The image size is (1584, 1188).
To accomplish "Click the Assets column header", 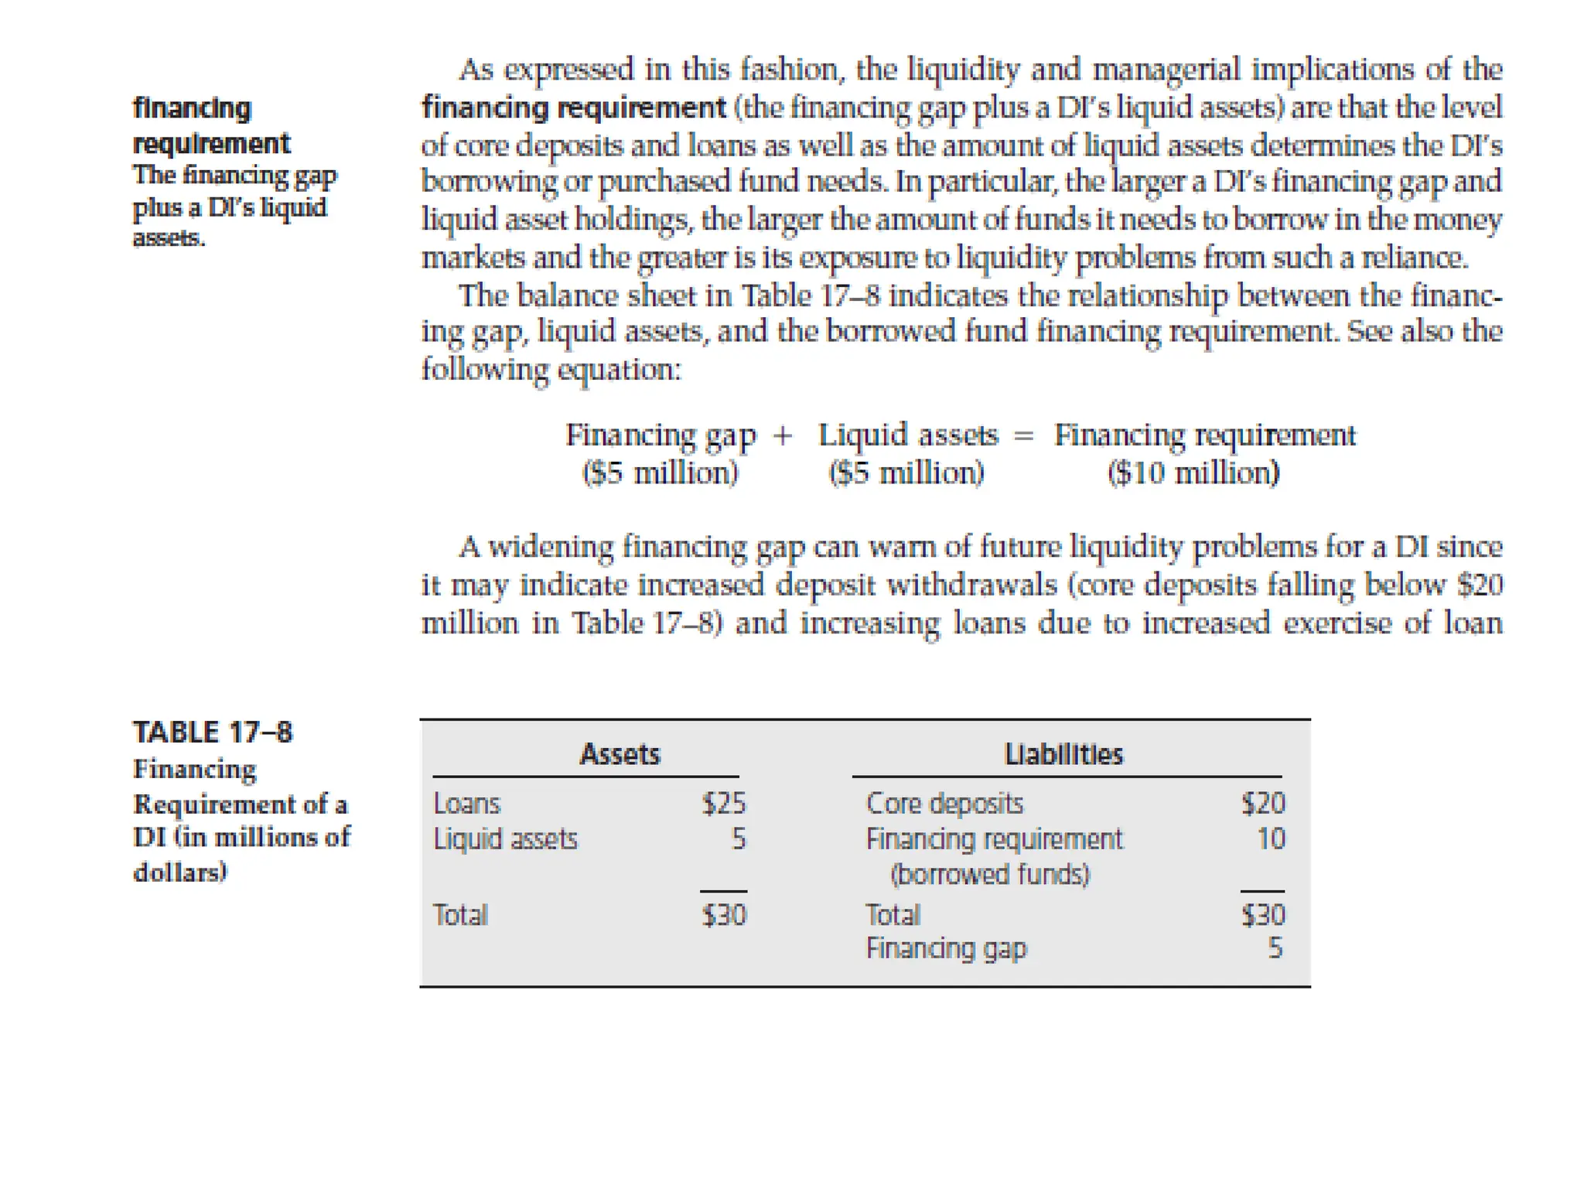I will pos(620,754).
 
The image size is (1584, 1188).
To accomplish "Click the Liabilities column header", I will pos(1063,754).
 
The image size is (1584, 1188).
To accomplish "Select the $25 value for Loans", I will pos(724,804).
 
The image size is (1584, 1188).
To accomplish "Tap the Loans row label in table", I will pos(467,804).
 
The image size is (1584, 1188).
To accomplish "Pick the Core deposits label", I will pos(944,804).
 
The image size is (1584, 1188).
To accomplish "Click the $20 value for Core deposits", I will pos(1263,804).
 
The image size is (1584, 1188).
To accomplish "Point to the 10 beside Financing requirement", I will pos(1271,839).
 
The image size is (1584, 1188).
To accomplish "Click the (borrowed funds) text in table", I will pos(990,875).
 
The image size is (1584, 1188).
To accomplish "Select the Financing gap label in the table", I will pos(946,948).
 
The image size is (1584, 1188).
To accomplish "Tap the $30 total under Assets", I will pos(724,915).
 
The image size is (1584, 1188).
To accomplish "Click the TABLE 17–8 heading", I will pos(213,732).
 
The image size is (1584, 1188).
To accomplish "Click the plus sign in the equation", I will pos(783,435).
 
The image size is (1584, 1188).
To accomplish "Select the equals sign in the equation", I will pos(1023,435).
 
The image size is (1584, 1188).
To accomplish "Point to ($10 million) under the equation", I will pos(1193,473).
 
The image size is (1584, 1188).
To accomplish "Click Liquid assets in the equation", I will pos(908,435).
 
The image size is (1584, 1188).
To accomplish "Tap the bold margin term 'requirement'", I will pos(211,144).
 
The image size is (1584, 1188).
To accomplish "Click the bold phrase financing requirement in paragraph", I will pos(573,108).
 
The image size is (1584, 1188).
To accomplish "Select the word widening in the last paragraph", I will pos(551,547).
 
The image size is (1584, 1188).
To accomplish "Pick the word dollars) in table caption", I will pos(180,872).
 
